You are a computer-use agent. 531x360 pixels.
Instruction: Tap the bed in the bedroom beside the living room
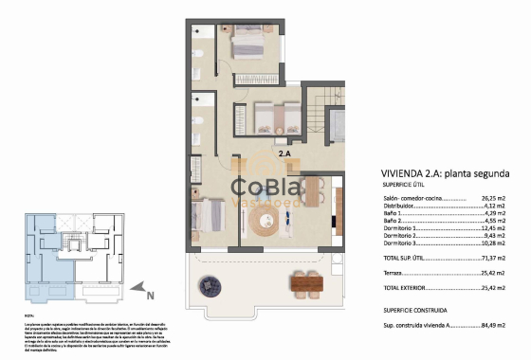(x=208, y=218)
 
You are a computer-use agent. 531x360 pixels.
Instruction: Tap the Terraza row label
(x=369, y=271)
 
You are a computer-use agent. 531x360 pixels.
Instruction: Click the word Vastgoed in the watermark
(x=264, y=201)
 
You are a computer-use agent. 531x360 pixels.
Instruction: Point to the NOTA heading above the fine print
(x=27, y=315)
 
